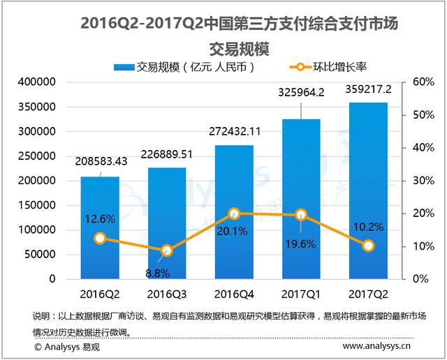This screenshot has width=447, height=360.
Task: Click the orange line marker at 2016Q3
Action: tap(167, 250)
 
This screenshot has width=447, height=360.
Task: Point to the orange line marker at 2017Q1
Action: tap(301, 215)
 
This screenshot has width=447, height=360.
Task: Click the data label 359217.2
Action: tap(367, 90)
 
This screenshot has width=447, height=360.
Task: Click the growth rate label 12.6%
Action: tap(100, 218)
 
